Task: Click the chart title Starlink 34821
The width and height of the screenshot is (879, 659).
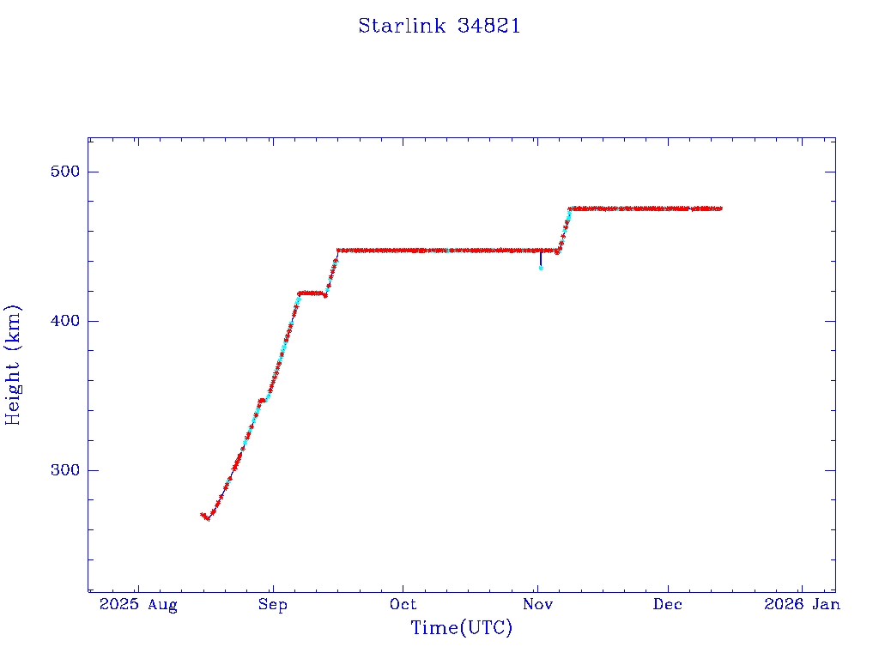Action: click(439, 26)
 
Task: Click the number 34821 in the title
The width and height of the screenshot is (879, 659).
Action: click(488, 26)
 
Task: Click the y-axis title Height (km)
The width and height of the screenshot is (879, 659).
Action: click(14, 365)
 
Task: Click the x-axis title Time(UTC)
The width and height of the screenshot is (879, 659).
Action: click(461, 628)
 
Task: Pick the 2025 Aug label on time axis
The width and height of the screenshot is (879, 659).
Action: click(137, 604)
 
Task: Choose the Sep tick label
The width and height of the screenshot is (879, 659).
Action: click(272, 604)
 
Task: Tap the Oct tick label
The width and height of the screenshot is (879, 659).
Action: click(403, 604)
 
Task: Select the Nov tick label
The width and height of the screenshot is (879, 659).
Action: click(537, 604)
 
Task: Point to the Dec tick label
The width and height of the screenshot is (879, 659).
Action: click(668, 604)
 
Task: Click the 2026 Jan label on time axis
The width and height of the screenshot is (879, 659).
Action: click(801, 604)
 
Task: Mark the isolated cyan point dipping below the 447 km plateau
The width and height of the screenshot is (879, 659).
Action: click(541, 268)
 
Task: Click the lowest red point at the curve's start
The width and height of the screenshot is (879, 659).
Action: click(208, 518)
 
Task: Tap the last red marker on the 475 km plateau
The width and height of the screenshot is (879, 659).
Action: click(720, 209)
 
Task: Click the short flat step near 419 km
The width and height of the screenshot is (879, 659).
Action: click(312, 293)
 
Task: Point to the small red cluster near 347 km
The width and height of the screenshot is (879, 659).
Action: click(261, 400)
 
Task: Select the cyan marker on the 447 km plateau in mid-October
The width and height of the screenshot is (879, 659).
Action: click(448, 251)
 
